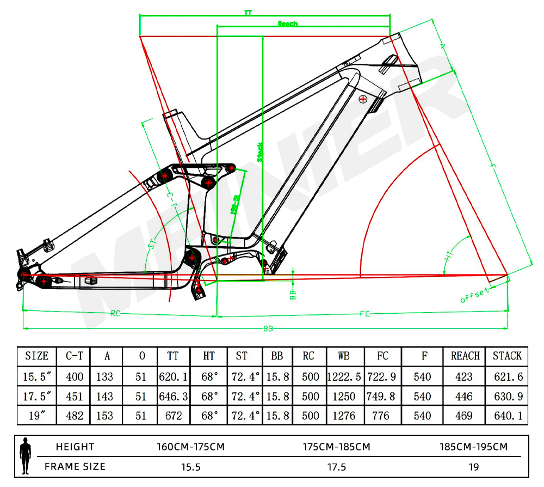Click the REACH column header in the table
point(465,356)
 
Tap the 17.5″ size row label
point(37,396)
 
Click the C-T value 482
point(75,416)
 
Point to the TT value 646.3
point(173,396)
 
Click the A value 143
point(107,396)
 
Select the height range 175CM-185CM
point(337,447)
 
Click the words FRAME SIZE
point(75,467)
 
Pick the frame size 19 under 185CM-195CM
point(473,467)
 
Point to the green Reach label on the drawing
point(288,23)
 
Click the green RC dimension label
point(115,313)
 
